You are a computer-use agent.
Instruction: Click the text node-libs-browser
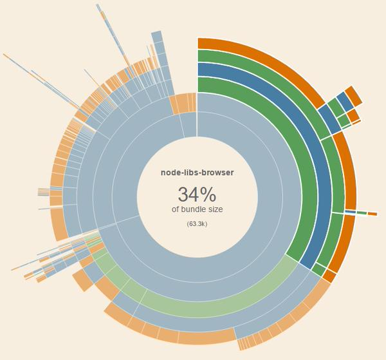tap(197, 173)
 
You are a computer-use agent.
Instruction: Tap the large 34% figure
tap(197, 194)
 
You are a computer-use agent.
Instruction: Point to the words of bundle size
tap(197, 209)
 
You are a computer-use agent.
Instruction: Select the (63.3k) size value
tap(197, 223)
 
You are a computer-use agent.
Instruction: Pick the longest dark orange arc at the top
tap(270, 64)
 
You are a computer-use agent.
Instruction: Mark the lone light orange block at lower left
tap(82, 280)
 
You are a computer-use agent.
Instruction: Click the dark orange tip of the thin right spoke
tap(372, 214)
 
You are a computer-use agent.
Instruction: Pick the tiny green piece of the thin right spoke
tap(362, 213)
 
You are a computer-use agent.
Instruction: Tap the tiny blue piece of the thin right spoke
tap(351, 211)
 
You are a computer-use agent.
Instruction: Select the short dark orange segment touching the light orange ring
tap(329, 276)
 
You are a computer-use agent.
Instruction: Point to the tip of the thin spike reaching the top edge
tap(98, 6)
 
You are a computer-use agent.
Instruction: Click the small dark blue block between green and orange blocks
tap(345, 101)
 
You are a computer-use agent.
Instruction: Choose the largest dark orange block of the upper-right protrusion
tap(353, 95)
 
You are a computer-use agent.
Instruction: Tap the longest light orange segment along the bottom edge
tap(206, 336)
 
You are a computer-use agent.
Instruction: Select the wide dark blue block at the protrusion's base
tap(328, 120)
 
